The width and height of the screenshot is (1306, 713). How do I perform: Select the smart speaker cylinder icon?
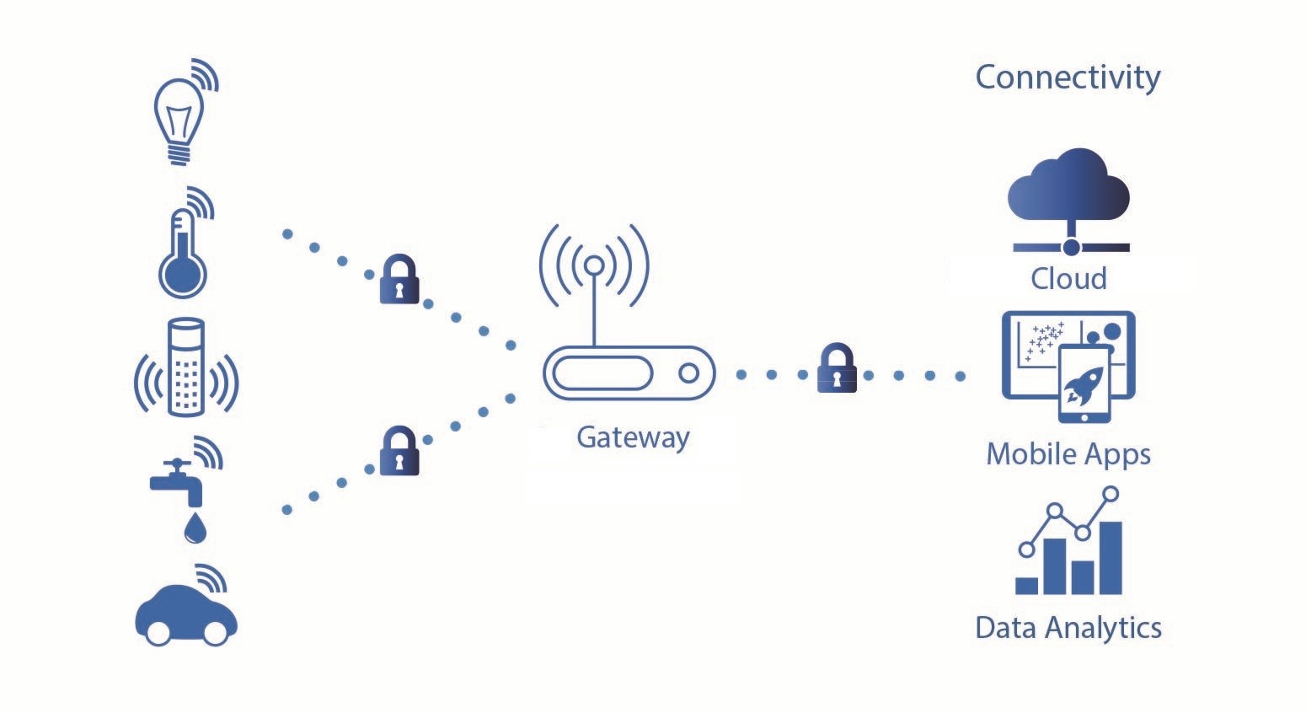click(186, 367)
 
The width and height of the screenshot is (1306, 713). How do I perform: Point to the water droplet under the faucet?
click(195, 528)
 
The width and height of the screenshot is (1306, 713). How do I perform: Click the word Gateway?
click(633, 437)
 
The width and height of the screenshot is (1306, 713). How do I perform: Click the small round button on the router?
click(688, 373)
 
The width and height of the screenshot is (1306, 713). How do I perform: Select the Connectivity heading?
click(1068, 78)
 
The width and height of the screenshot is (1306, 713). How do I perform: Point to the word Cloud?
click(1068, 279)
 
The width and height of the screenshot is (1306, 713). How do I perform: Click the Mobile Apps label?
click(1068, 454)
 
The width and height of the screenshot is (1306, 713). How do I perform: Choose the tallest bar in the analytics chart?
click(1111, 557)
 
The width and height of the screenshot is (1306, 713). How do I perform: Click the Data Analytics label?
click(1068, 628)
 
